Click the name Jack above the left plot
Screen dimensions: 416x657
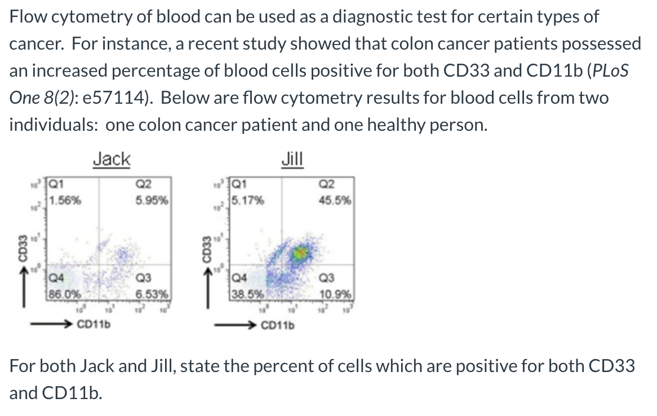click(111, 159)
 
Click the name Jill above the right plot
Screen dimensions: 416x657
click(292, 159)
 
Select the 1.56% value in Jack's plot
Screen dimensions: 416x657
click(65, 199)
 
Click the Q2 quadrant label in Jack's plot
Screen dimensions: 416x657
click(144, 183)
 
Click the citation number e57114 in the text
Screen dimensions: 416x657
click(116, 97)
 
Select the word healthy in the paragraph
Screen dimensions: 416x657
click(405, 125)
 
